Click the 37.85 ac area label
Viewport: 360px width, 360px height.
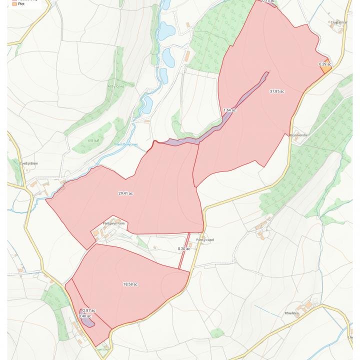[x=276, y=91]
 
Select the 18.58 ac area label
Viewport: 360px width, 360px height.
[x=130, y=284]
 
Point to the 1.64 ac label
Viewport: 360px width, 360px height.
[x=230, y=110]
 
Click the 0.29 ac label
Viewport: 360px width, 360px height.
[x=325, y=64]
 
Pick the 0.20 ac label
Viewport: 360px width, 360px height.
[x=184, y=248]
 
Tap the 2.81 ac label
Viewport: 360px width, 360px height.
[x=89, y=310]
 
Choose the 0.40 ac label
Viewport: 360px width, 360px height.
[x=85, y=316]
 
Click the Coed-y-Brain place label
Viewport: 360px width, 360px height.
[x=29, y=163]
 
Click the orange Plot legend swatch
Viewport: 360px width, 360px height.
[x=14, y=3]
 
